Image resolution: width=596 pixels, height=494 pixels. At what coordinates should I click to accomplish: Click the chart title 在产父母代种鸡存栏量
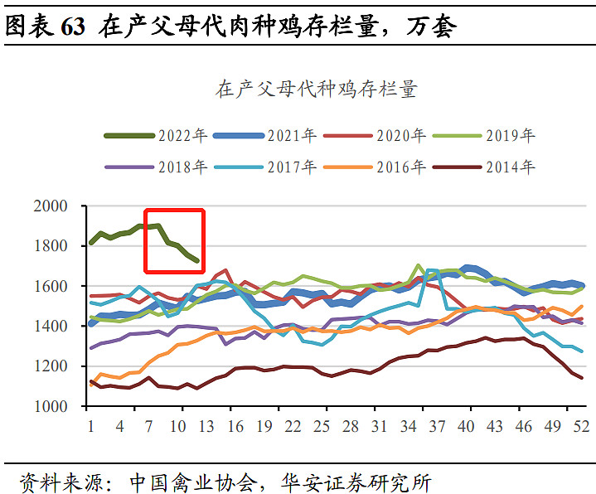[316, 90]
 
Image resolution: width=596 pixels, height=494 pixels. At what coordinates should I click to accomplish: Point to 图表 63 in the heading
[45, 27]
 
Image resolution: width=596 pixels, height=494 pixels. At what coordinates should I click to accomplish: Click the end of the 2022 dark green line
[196, 261]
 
